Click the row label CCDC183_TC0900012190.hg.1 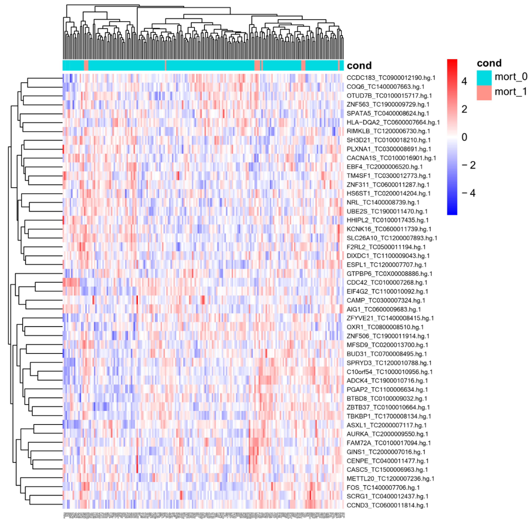click(x=391, y=78)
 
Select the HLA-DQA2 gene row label click(x=393, y=122)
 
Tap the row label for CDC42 click(x=387, y=282)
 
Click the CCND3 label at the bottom click(x=387, y=505)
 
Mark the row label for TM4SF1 click(x=389, y=176)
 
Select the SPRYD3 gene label click(x=389, y=363)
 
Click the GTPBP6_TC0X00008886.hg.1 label click(x=389, y=274)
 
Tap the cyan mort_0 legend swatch click(x=484, y=78)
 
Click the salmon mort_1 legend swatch click(x=484, y=93)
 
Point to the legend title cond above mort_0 click(x=489, y=63)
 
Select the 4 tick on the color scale click(x=464, y=81)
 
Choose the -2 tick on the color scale click(x=468, y=165)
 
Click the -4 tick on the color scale click(x=468, y=193)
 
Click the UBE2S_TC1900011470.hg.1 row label click(x=387, y=211)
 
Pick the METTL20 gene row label click(x=390, y=479)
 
